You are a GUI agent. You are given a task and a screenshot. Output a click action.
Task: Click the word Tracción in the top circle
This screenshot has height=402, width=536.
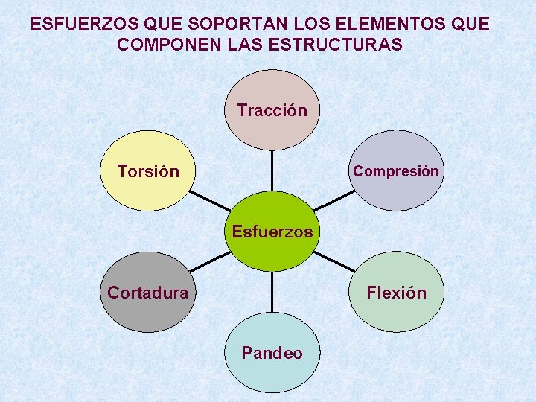pyautogui.click(x=272, y=111)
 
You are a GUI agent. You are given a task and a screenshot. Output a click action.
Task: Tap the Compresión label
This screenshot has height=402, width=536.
pyautogui.click(x=396, y=171)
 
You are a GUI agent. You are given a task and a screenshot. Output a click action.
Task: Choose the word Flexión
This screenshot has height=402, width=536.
pyautogui.click(x=396, y=293)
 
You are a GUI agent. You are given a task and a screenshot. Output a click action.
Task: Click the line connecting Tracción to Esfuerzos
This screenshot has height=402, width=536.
pyautogui.click(x=272, y=171)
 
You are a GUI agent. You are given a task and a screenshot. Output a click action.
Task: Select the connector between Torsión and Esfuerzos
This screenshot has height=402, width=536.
pyautogui.click(x=210, y=201)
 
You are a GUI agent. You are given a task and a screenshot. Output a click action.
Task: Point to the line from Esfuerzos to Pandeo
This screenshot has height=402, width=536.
pyautogui.click(x=272, y=292)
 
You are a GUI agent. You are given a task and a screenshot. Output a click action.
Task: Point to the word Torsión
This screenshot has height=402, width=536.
pyautogui.click(x=148, y=172)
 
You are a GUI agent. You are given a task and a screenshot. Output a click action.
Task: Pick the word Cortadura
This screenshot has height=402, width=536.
pyautogui.click(x=148, y=293)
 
